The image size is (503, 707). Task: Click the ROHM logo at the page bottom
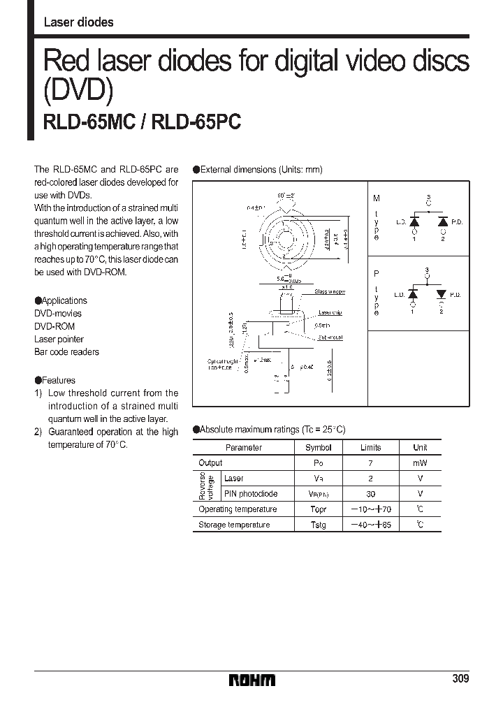pos(252,680)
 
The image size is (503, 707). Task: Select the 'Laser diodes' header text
pos(78,22)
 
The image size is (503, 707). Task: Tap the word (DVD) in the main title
pos(78,91)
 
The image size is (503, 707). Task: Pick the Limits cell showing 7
pos(370,463)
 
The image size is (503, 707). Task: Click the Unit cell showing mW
pos(420,463)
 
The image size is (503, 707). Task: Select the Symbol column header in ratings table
pos(319,448)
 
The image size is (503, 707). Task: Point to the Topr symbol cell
pos(319,509)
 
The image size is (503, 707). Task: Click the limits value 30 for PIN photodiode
pos(370,494)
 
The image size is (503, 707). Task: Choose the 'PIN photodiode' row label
pos(250,494)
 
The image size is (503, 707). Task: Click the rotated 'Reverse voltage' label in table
pos(206,486)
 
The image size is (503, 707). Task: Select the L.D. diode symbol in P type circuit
pos(414,295)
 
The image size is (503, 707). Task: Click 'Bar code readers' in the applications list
pos(66,352)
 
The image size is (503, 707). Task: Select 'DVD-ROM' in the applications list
pos(54,326)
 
